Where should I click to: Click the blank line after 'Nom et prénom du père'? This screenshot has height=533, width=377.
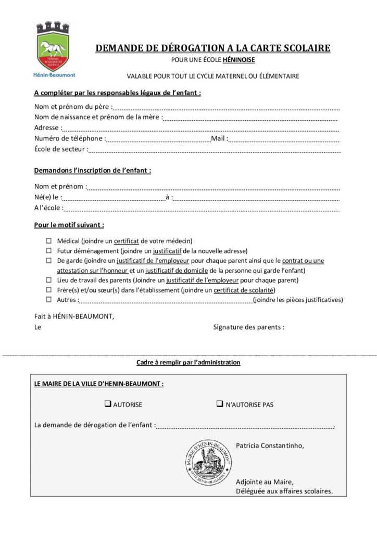pos(227,108)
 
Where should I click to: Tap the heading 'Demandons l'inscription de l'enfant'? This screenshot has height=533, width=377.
pos(92,171)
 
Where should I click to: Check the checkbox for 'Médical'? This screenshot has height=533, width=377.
pos(49,241)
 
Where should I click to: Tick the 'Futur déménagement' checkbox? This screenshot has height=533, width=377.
pos(49,250)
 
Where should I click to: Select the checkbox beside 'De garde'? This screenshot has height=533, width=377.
pos(49,260)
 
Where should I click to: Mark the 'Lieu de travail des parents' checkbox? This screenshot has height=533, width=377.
pos(49,280)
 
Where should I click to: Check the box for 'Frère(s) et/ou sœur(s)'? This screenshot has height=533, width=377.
pos(49,290)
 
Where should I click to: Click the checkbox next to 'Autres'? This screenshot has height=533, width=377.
pos(49,299)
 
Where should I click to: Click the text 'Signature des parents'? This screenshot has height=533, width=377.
pos(249,327)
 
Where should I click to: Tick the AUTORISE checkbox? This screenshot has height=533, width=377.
pos(108,404)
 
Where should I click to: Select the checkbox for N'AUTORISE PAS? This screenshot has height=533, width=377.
pos(220,404)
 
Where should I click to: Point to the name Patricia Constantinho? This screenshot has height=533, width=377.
pos(269,446)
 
